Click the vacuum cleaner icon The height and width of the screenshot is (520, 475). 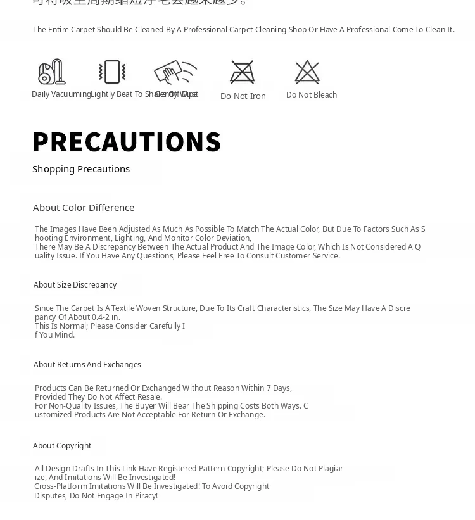tap(52, 72)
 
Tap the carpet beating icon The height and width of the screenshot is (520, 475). tap(112, 72)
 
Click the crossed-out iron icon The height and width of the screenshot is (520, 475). tap(243, 72)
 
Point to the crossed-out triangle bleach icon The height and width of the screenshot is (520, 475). tap(308, 72)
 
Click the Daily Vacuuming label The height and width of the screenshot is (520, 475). tap(61, 94)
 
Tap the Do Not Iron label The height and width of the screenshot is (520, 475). tap(243, 96)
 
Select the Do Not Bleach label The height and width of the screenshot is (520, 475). tap(312, 95)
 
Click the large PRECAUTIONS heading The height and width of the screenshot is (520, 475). tap(127, 142)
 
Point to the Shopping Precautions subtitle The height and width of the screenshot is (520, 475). tap(81, 169)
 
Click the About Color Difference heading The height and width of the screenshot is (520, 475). tap(84, 208)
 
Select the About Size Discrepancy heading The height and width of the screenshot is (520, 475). tap(75, 285)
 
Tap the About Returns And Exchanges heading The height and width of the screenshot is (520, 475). tap(87, 365)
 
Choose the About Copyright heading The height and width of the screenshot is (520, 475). tap(62, 446)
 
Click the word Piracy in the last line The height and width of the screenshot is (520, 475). tap(145, 496)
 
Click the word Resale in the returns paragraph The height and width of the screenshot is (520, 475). tap(149, 397)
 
